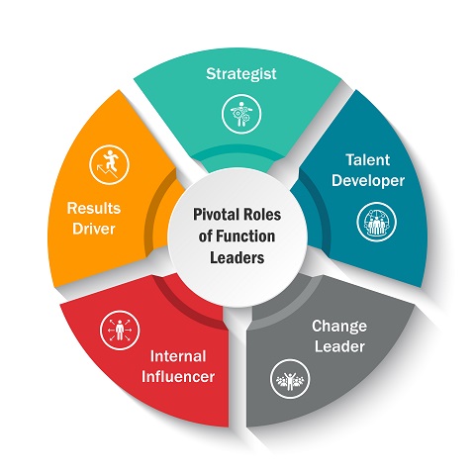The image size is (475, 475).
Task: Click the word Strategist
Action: (241, 74)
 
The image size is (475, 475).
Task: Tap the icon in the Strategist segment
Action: (241, 114)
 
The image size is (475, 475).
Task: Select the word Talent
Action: (368, 160)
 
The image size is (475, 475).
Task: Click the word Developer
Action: (368, 181)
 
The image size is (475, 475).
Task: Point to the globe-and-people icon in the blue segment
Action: (377, 222)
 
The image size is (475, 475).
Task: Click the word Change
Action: (339, 327)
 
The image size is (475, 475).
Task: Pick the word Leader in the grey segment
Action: (339, 346)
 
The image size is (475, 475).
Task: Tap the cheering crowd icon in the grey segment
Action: (290, 379)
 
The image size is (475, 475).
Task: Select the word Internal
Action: (178, 356)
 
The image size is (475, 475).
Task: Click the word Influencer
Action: (178, 377)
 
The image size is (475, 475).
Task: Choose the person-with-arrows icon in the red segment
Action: (120, 330)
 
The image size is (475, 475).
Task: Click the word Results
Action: (94, 209)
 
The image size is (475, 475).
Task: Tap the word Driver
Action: (94, 229)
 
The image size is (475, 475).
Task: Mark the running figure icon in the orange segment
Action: (109, 164)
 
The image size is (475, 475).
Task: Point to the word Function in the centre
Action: (245, 237)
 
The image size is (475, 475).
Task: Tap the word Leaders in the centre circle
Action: (237, 258)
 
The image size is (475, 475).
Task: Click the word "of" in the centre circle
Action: (205, 237)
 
